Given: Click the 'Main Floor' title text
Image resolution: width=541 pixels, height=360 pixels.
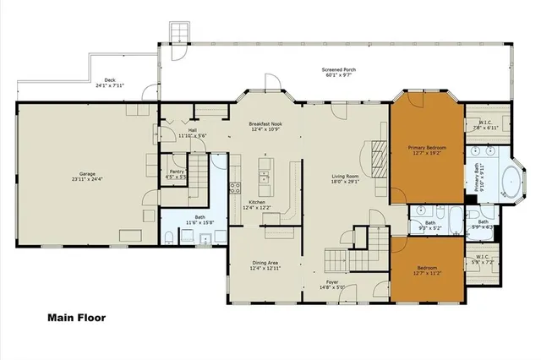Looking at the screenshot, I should (75, 319).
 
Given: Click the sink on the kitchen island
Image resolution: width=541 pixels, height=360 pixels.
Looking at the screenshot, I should (264, 178).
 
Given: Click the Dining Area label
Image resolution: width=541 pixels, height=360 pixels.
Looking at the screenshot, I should (264, 265).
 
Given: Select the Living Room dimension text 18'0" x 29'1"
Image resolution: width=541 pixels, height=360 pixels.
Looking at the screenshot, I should (346, 182).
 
